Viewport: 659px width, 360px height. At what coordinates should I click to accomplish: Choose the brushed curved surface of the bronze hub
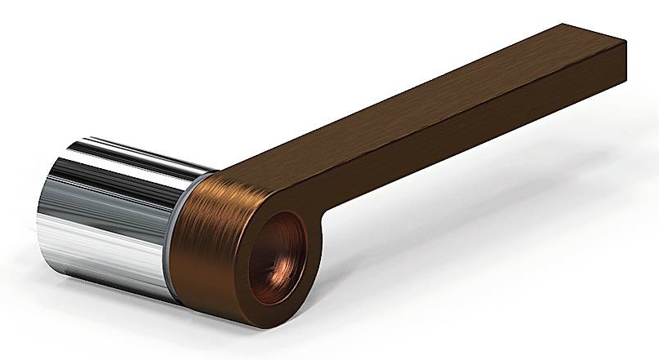(208, 237)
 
